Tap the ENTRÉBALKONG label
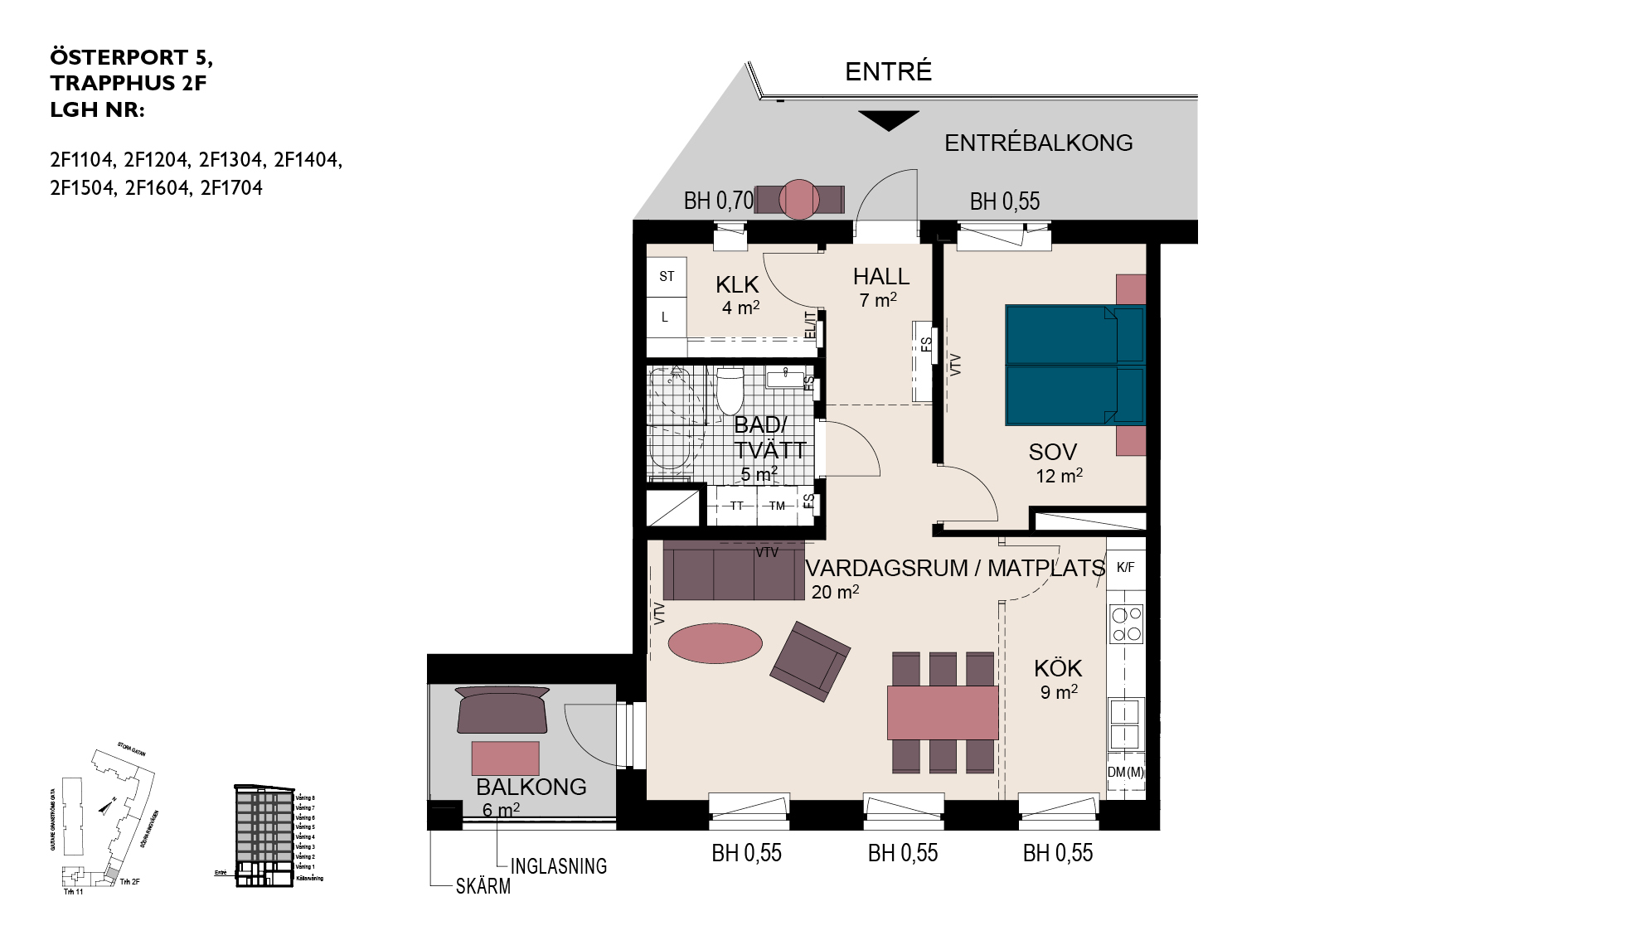pos(1038,143)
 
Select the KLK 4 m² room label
pos(738,295)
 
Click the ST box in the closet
pos(667,277)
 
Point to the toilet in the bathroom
pos(730,391)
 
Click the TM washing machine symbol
pos(777,506)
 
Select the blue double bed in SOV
pos(1074,365)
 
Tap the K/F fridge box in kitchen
pos(1125,568)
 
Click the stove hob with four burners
pos(1126,624)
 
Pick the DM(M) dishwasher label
pos(1125,772)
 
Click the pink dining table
pos(943,712)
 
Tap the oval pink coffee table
pos(715,642)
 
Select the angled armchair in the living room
pos(809,661)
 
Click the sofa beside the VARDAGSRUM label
pos(733,571)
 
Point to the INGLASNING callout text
pos(558,866)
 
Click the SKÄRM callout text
pos(483,886)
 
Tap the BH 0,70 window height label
pos(718,201)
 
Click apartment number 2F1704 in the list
pos(231,188)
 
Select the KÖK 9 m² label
pos(1058,678)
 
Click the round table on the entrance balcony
pos(800,199)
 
